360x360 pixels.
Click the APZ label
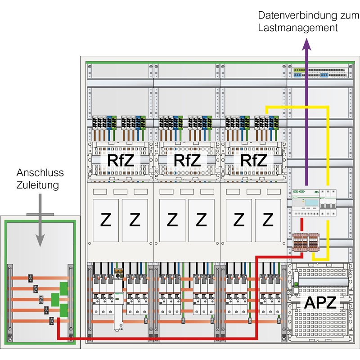pos(320,302)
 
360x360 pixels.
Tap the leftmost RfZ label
pos(121,160)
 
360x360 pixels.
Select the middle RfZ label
pos(187,160)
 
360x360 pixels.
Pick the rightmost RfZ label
pos(254,160)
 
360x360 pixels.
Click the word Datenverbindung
pos(297,16)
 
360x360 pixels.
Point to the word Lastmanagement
pos(298,28)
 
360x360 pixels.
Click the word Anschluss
pos(40,173)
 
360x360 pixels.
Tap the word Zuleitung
pos(38,185)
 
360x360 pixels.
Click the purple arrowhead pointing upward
pos(306,44)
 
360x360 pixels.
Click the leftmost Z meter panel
pos(106,220)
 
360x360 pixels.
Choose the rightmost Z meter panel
pos(268,220)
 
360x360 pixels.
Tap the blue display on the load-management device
pos(311,202)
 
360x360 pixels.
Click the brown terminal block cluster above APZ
pos(306,242)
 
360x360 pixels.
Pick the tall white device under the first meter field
pos(119,300)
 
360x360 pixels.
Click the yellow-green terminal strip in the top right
pos(299,70)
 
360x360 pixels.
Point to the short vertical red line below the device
pos(302,224)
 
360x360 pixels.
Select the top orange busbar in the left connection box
pos(40,278)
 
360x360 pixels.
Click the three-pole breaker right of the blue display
pos(328,203)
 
